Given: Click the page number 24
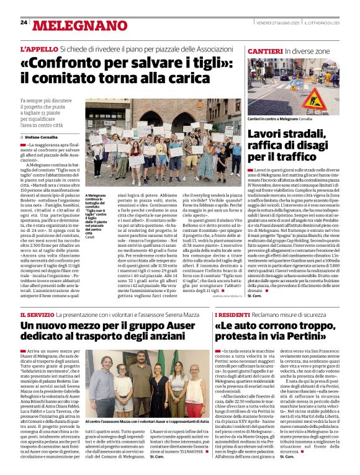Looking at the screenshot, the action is point(24,22).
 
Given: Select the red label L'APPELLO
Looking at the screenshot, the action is point(38,49).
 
